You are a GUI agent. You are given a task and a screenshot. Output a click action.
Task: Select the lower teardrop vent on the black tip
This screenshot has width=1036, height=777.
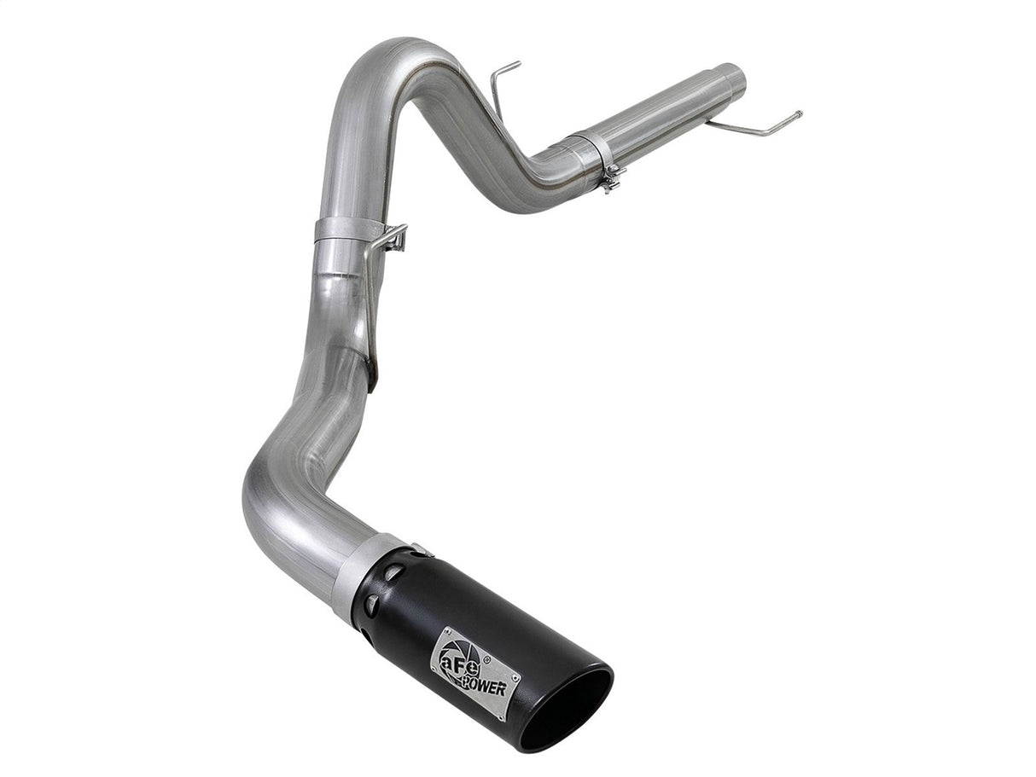[370, 604]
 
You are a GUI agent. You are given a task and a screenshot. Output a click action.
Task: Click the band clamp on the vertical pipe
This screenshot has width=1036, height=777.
[346, 229]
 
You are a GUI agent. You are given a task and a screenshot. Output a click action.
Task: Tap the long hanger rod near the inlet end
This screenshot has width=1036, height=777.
[755, 128]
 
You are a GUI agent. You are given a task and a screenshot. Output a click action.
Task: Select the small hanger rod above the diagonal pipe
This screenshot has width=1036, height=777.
[503, 81]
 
